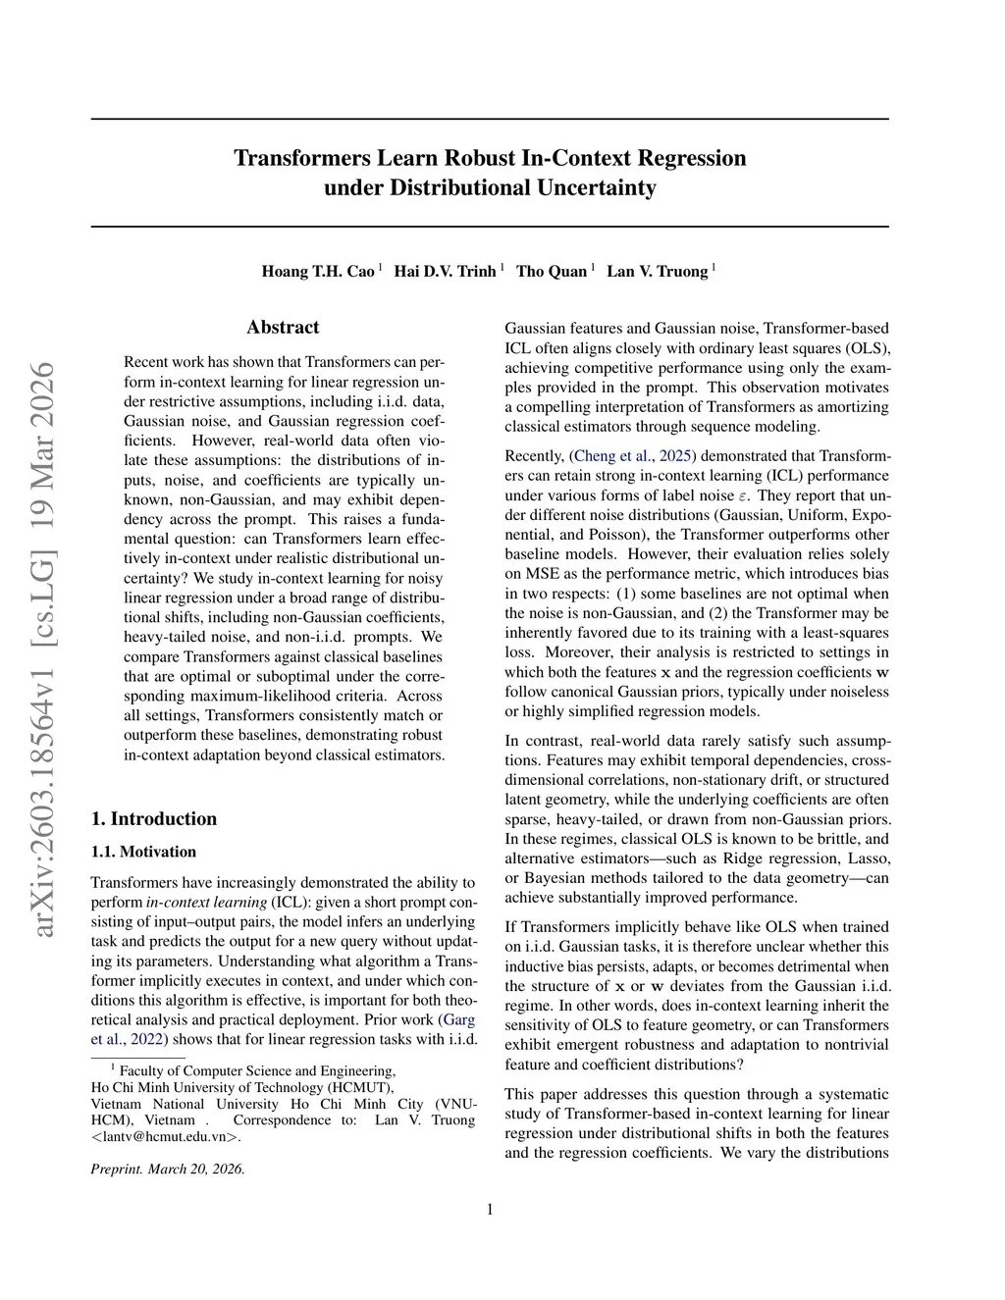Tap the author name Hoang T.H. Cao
pos(318,271)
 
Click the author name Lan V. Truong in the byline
pos(657,271)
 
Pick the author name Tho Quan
pos(552,271)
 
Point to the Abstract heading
pos(283,327)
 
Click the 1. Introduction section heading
pos(153,818)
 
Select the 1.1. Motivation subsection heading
pos(143,852)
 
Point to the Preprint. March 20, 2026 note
pos(168,1169)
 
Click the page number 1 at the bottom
pos(490,1209)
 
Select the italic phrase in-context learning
pos(206,902)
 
